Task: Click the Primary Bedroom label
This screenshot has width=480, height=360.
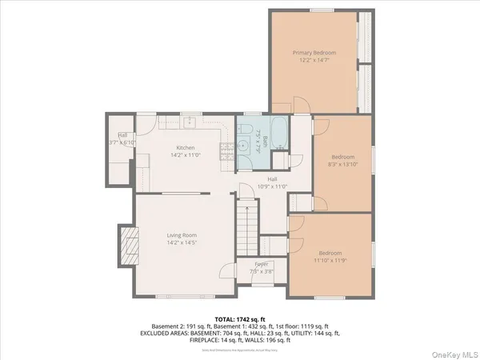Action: tap(314, 53)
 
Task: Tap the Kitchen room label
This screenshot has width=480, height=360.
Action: tap(186, 148)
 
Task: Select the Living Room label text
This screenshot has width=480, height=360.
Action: tap(182, 235)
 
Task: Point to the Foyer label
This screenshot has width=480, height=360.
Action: tap(261, 264)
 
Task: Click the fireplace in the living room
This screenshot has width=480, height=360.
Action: tap(126, 239)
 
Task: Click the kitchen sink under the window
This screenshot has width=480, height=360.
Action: tap(190, 122)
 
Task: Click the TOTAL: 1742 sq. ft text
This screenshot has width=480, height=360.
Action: tap(239, 318)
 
